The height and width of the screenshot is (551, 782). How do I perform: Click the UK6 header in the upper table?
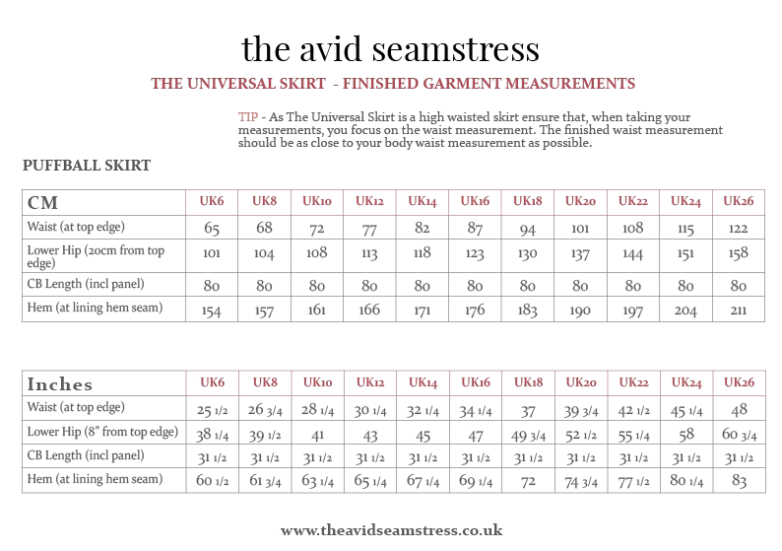pos(212,203)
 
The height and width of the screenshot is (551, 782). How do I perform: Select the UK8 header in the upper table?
pos(265,203)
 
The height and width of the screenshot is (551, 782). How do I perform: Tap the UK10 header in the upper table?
pos(318,203)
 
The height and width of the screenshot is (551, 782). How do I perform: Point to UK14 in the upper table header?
pos(424,203)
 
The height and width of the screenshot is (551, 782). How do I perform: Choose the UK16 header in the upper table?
pos(477,203)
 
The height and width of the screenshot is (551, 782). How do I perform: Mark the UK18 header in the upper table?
pos(529,203)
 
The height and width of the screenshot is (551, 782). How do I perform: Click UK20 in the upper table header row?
pos(581,203)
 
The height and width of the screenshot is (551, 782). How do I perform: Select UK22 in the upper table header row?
pos(634,203)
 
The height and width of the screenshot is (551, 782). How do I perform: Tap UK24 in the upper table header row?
pos(686,203)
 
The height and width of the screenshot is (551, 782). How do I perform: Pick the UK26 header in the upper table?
pos(740,203)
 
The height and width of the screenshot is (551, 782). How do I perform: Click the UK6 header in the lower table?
pos(212,382)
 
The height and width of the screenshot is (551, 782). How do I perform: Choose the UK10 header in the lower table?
pos(318,382)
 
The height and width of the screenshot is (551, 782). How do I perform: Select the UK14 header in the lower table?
pos(424,382)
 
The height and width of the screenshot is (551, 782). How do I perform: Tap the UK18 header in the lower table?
pos(529,382)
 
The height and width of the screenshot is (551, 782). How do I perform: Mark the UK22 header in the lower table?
pos(634,382)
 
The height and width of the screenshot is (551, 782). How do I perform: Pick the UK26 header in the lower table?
pos(740,382)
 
